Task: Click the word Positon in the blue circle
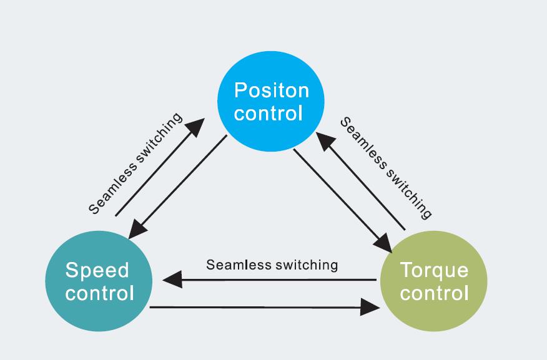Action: tap(271, 91)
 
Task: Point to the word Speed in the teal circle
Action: tap(97, 270)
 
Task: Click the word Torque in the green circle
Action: tap(433, 271)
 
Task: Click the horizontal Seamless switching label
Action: tap(272, 265)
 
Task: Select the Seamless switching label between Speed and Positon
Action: tap(135, 163)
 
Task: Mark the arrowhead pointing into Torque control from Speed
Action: tap(371, 307)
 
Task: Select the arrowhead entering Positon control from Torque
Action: tap(326, 140)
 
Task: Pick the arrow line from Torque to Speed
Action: tap(275, 279)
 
